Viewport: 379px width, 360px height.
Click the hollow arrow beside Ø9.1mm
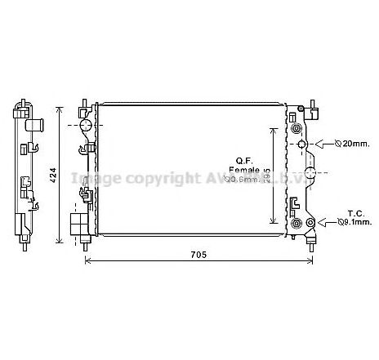pyautogui.click(x=323, y=220)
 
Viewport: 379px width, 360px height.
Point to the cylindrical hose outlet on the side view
pyautogui.click(x=34, y=125)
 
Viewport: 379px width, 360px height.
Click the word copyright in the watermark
pyautogui.click(x=146, y=177)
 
